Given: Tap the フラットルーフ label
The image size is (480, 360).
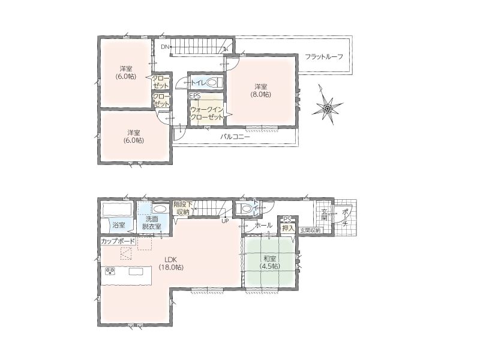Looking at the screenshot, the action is (x=324, y=56).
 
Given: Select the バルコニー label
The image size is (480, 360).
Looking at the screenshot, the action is (x=235, y=137).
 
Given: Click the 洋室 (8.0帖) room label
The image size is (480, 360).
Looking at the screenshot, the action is (x=261, y=91).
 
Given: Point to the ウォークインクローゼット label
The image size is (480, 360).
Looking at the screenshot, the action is (x=207, y=113).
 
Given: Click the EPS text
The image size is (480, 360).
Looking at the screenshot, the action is (x=194, y=96).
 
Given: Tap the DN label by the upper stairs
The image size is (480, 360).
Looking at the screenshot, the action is (x=165, y=47).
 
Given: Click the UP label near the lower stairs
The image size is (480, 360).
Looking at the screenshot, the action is (x=225, y=221).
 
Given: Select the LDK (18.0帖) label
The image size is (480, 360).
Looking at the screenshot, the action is (x=171, y=263).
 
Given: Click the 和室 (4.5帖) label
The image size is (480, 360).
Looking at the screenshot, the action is (x=269, y=262).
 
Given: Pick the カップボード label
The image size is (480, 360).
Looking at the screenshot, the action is (x=118, y=241).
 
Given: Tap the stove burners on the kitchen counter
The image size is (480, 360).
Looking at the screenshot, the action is (x=110, y=271).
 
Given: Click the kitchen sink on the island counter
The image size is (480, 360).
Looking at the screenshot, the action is (x=136, y=272).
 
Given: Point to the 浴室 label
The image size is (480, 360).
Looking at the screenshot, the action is (x=119, y=225).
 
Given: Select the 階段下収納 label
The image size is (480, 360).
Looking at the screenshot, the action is (x=183, y=208).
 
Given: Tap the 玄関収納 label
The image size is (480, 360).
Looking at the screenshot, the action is (x=310, y=230).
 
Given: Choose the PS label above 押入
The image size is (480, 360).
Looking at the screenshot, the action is (x=287, y=220).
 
